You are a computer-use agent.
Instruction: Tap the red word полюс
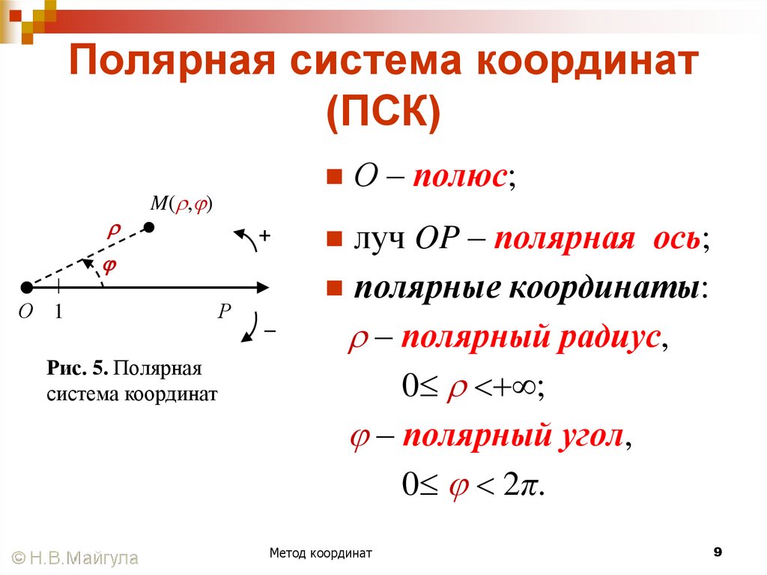coord(461,178)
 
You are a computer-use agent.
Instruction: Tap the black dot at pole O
coord(27,287)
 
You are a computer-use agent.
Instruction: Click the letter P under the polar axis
coord(223,311)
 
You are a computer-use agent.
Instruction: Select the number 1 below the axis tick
coord(57,312)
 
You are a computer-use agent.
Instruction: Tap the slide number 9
coord(718,553)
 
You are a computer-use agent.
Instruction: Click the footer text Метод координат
coord(321,553)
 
